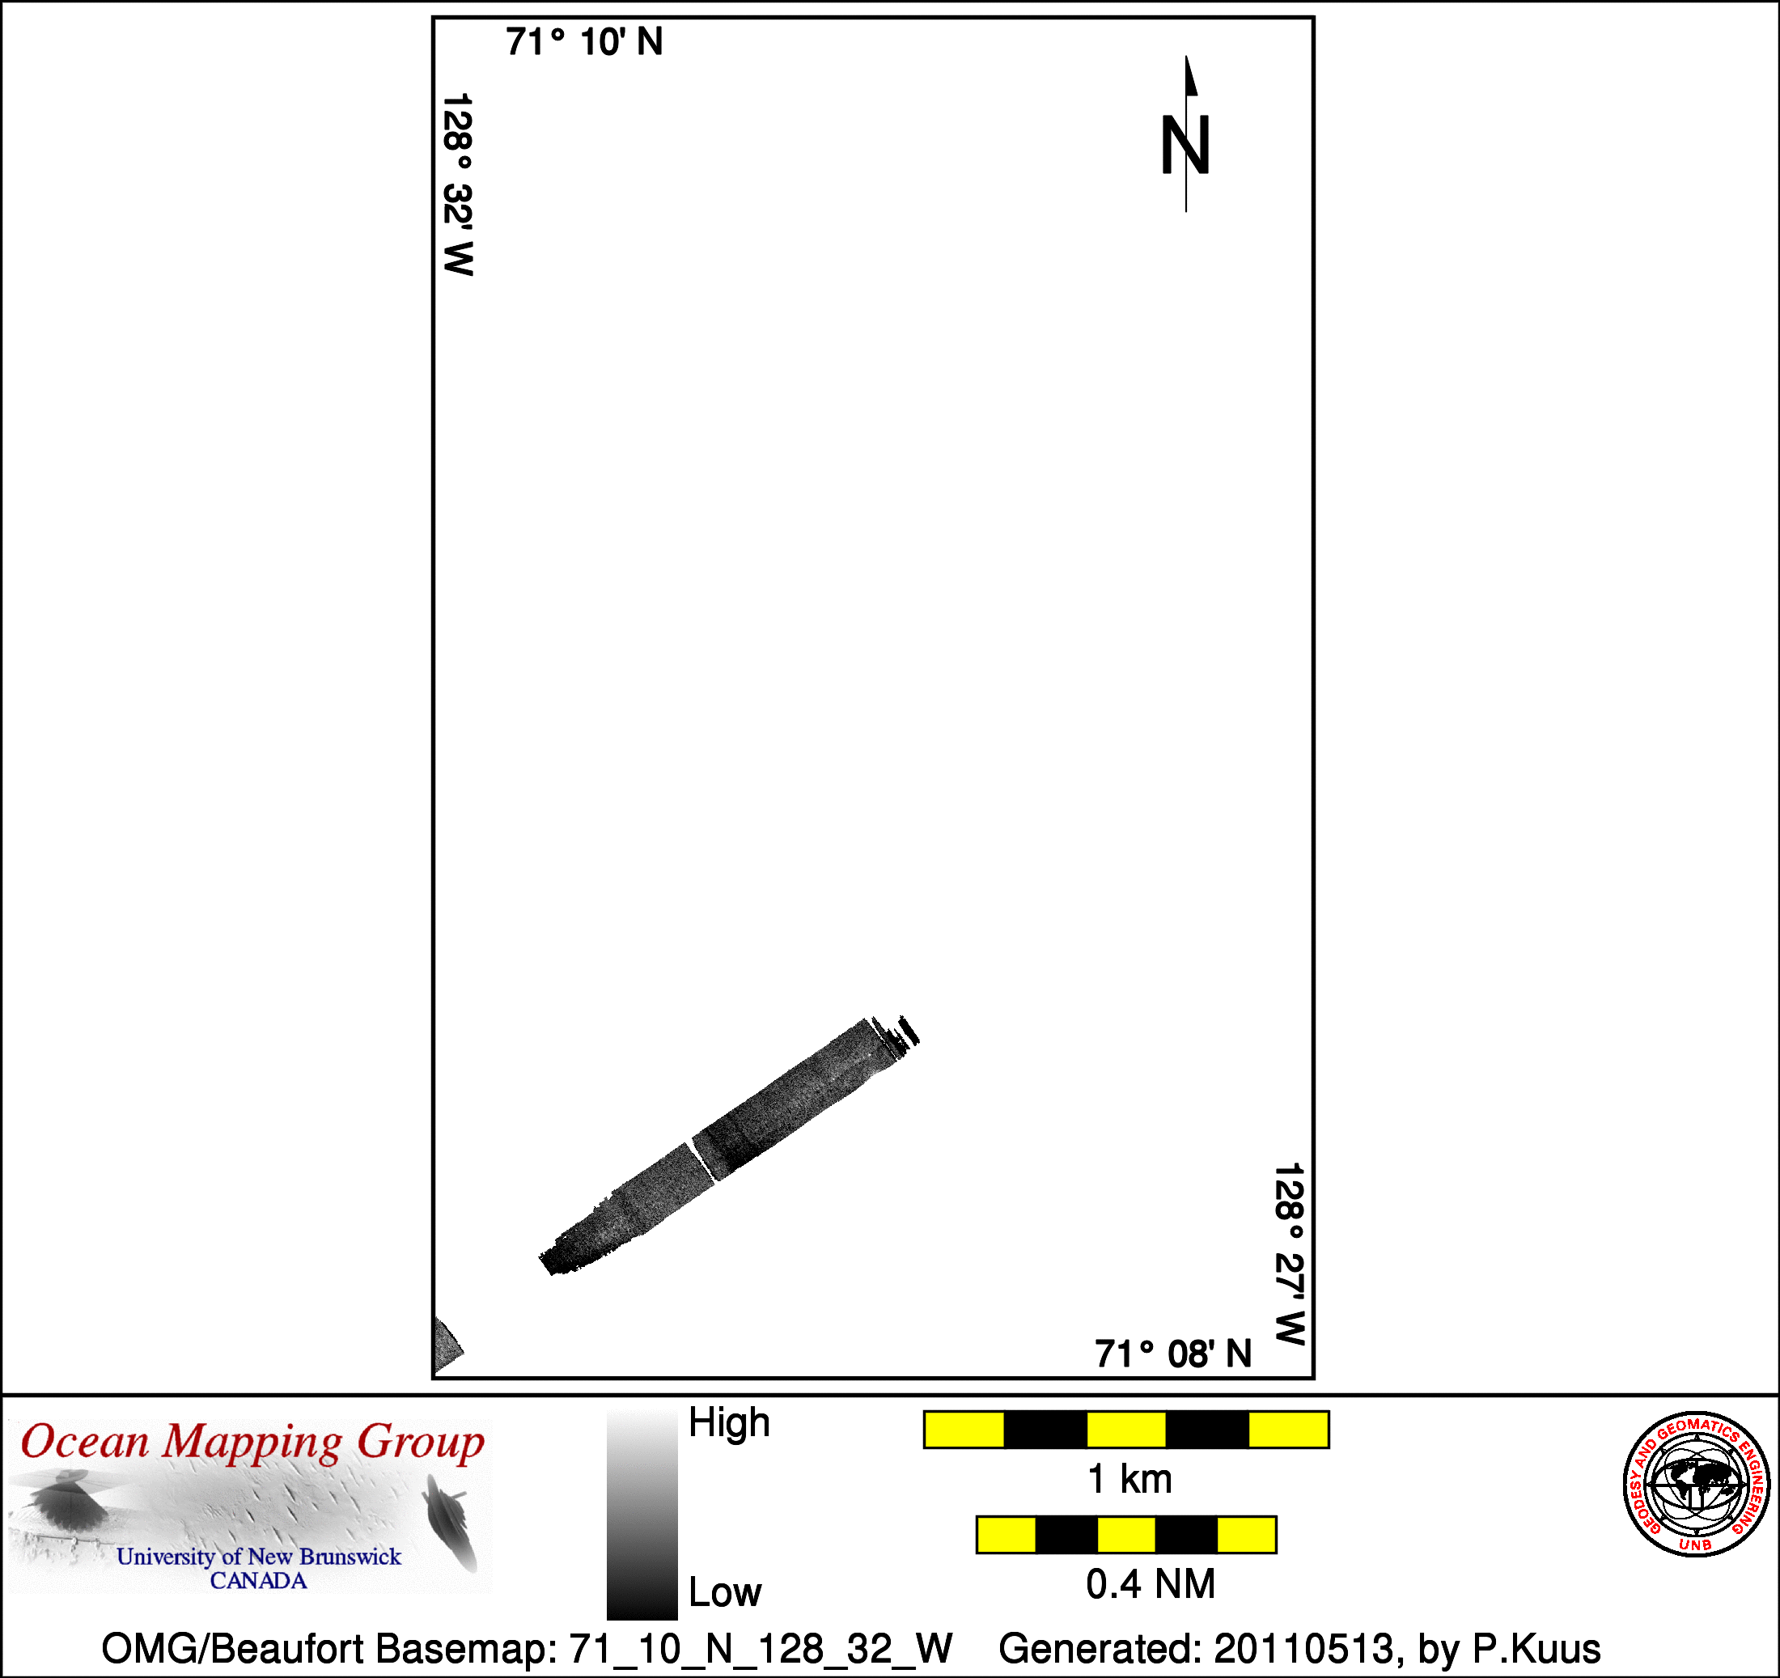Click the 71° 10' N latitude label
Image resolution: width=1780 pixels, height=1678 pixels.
584,42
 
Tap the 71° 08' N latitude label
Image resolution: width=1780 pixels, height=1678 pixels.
1173,1354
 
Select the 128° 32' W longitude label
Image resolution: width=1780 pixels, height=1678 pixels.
457,184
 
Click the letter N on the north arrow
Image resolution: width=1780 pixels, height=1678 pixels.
1185,145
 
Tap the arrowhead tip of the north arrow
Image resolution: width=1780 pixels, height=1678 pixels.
1186,56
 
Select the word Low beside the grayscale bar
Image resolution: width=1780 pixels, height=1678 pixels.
724,1592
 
